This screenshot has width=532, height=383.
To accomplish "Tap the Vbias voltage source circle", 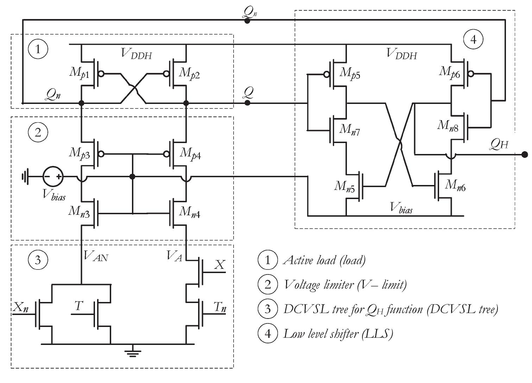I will [x=53, y=176].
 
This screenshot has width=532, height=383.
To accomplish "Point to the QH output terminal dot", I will [x=525, y=154].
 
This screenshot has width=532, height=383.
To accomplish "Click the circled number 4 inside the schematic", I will [x=474, y=39].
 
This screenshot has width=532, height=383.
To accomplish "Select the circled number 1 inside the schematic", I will [x=38, y=49].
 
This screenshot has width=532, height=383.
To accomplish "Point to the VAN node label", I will [x=96, y=257].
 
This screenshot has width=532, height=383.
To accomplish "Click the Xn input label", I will [x=21, y=307].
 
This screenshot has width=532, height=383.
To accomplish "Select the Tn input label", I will [x=220, y=308].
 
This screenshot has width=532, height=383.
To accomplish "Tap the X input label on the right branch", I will [x=219, y=265].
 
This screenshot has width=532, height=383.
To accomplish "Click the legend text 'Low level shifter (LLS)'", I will [x=337, y=333].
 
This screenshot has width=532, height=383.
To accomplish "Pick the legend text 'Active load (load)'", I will [x=324, y=260].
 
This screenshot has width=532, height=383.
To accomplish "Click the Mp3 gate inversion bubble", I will [x=102, y=154].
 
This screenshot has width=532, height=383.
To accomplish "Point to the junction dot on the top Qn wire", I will [x=247, y=21].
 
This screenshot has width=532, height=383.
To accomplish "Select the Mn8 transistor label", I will [x=448, y=125].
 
